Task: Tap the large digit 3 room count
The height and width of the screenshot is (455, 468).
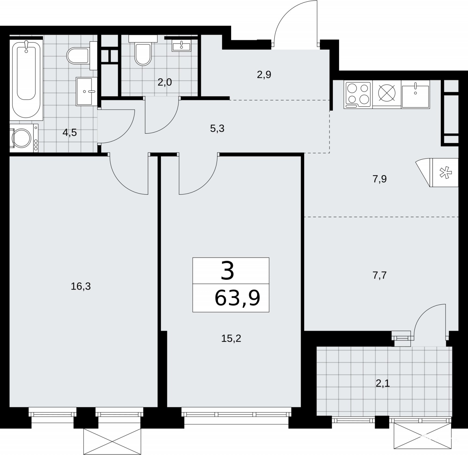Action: (227, 271)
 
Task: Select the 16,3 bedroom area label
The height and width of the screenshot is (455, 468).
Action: (81, 287)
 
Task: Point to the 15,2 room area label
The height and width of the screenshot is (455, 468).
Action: (231, 338)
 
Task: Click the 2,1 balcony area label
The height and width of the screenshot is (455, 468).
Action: (383, 384)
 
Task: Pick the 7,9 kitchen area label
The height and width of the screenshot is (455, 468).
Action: (380, 179)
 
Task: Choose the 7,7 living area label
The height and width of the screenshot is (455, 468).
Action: (380, 276)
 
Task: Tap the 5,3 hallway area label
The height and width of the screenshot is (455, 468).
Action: (217, 129)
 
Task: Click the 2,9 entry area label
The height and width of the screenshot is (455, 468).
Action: (264, 75)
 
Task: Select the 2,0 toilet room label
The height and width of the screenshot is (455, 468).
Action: (165, 82)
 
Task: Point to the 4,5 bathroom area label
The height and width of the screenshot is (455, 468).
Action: (70, 132)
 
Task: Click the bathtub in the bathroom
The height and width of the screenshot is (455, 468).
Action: (26, 80)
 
